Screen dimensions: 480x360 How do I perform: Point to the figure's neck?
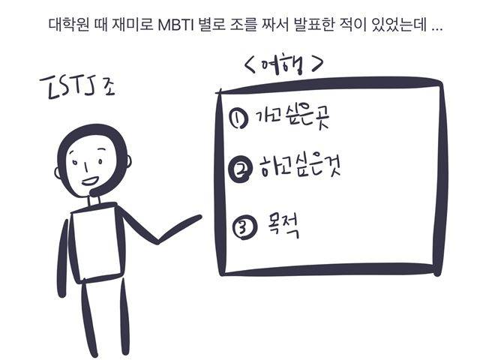coord(93,201)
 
